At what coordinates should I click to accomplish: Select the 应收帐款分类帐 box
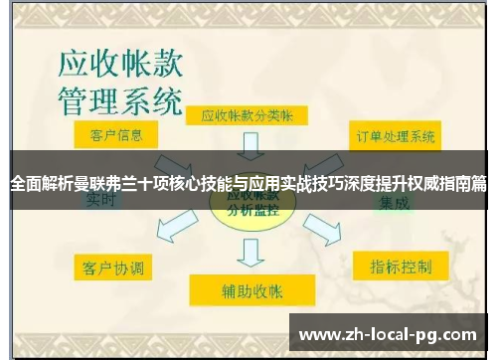pyautogui.click(x=248, y=115)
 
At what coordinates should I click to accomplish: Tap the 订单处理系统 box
pyautogui.click(x=396, y=136)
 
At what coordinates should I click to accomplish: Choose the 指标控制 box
pyautogui.click(x=401, y=268)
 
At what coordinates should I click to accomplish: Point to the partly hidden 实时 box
pyautogui.click(x=101, y=201)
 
